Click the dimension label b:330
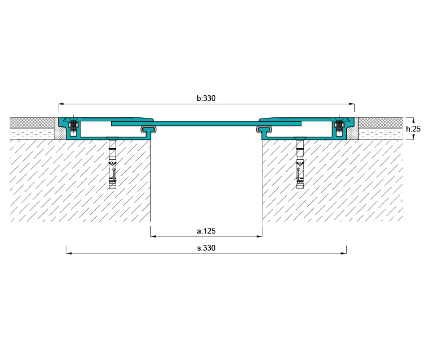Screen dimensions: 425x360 (x=206, y=98)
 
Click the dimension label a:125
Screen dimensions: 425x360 (x=206, y=231)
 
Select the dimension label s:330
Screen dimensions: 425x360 (x=206, y=248)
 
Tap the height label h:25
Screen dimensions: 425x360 (x=413, y=129)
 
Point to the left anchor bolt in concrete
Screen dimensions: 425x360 (x=112, y=163)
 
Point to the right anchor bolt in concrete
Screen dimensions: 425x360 (x=300, y=163)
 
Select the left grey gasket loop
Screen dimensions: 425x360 (x=148, y=129)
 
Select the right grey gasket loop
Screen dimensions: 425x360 (x=264, y=129)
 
